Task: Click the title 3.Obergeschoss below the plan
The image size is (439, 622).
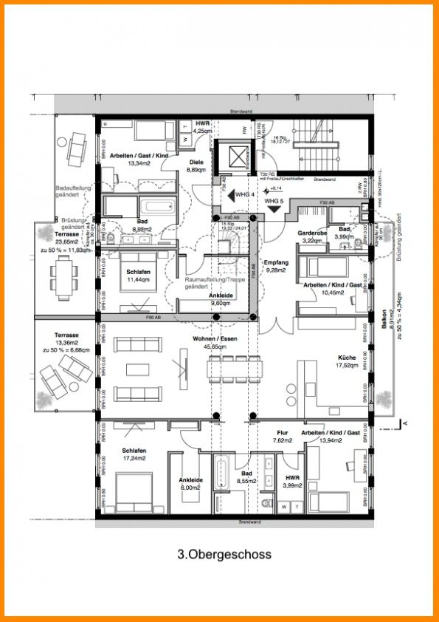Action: click(x=224, y=553)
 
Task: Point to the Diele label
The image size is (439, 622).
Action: click(x=195, y=162)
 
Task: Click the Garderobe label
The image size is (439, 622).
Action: click(x=312, y=233)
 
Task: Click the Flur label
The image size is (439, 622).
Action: click(x=282, y=433)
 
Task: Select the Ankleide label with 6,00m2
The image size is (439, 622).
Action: click(x=190, y=479)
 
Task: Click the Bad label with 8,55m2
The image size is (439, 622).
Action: click(x=245, y=474)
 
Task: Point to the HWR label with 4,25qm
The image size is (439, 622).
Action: click(x=203, y=123)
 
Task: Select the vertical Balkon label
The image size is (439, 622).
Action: click(x=384, y=322)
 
